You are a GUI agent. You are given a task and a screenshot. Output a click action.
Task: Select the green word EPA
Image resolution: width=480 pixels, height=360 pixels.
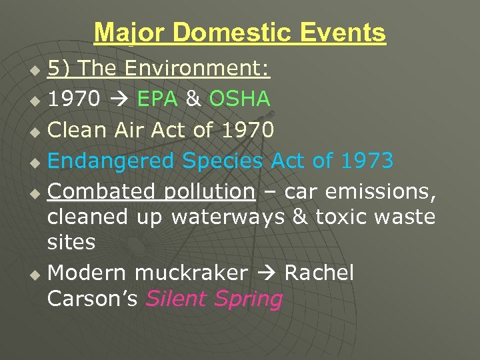pyautogui.click(x=157, y=99)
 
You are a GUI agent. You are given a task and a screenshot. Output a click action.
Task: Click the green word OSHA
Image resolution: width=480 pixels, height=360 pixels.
pyautogui.click(x=239, y=99)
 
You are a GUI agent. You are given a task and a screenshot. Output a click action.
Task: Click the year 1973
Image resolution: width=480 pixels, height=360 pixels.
pyautogui.click(x=367, y=161)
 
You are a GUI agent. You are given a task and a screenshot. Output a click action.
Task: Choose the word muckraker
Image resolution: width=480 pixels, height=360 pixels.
pyautogui.click(x=191, y=273)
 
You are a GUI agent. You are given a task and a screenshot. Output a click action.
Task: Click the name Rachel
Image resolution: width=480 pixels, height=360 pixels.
pyautogui.click(x=319, y=273)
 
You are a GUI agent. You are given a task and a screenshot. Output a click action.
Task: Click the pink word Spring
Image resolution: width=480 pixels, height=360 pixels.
pyautogui.click(x=248, y=299)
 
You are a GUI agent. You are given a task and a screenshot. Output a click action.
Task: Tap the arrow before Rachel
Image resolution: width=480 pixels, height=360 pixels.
pyautogui.click(x=266, y=273)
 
